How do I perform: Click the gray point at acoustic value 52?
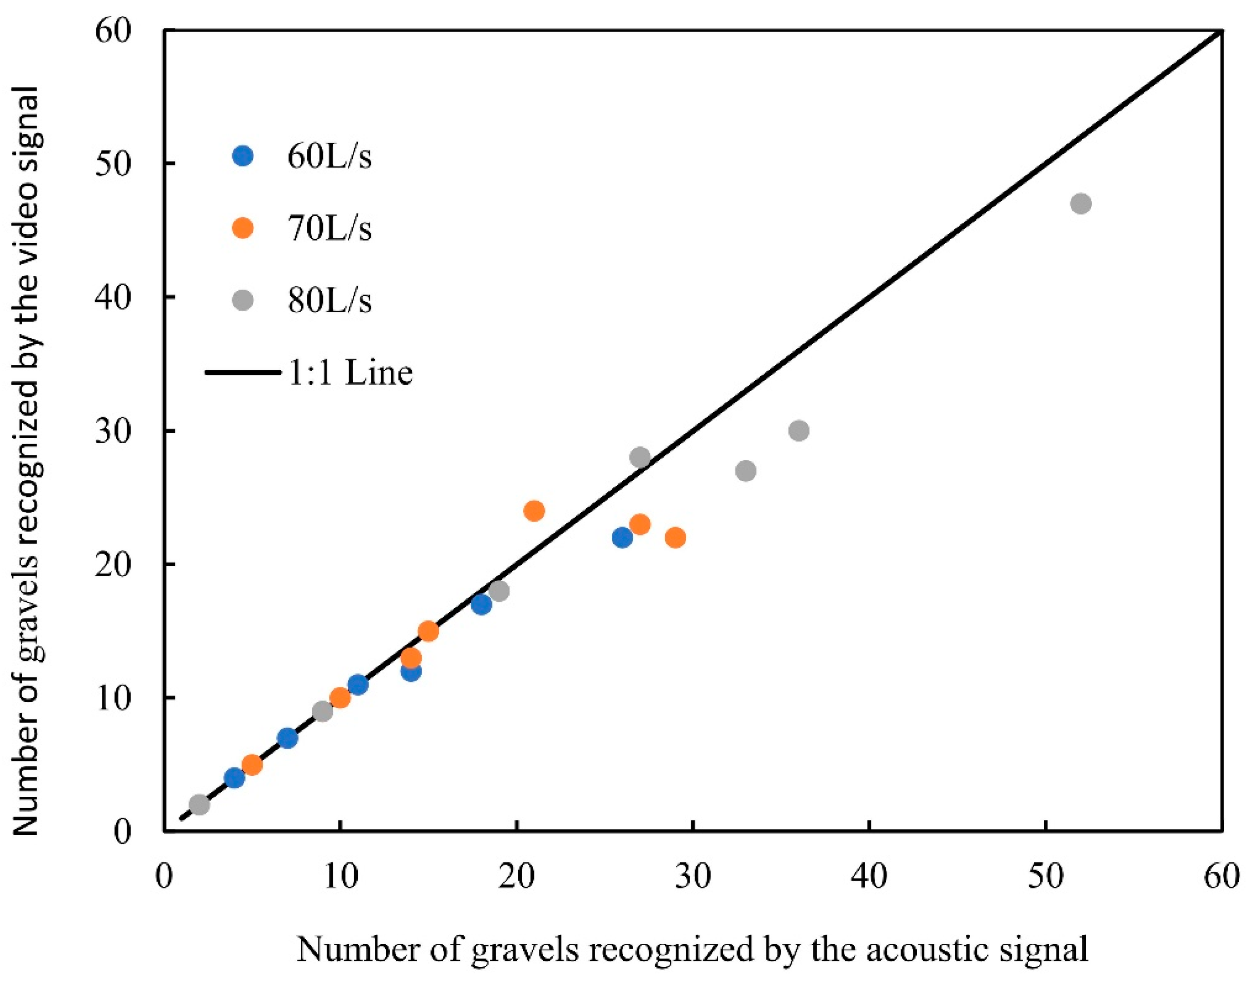click(1081, 203)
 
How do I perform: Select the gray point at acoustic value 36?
click(799, 430)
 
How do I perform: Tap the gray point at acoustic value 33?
click(746, 471)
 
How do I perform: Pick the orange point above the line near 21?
click(534, 511)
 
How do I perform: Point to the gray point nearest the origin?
click(199, 805)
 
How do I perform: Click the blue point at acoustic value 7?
click(287, 738)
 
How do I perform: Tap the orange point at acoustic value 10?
click(340, 698)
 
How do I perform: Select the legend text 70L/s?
click(330, 229)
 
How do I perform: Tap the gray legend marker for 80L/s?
click(244, 299)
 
